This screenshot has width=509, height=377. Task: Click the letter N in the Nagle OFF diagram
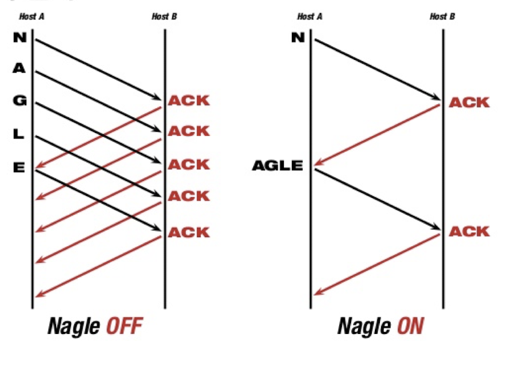pos(19,37)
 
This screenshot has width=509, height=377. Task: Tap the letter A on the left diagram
pos(19,69)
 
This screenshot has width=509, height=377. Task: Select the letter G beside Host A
pos(19,100)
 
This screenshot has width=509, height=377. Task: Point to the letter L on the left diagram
pos(19,134)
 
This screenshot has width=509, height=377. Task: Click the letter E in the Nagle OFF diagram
pos(19,167)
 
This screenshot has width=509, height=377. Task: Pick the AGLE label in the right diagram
pos(278,166)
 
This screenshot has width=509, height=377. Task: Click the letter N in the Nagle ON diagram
pos(298,37)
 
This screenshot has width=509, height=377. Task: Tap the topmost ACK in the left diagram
pos(188,100)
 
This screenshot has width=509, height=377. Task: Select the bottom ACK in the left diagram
pos(188,232)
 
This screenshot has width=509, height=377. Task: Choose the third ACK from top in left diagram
pos(188,165)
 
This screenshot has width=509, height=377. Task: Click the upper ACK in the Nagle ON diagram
pos(469,102)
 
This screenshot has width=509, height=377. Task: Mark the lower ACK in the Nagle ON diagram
pos(469,232)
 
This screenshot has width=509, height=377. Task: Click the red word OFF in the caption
pos(124,326)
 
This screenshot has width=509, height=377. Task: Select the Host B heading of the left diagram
pos(164,16)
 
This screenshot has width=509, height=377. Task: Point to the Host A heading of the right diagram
pos(309,16)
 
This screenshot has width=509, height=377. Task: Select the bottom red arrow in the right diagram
pos(377,263)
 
